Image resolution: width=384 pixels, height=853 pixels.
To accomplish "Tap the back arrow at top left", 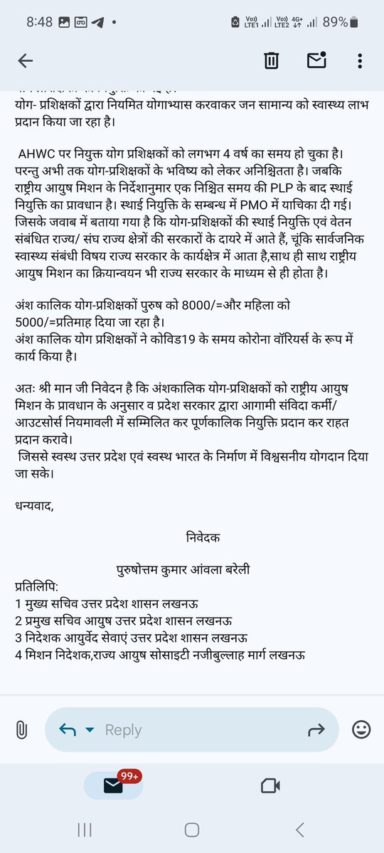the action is tap(26, 61).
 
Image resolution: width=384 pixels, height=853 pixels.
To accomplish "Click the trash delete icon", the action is tap(271, 61).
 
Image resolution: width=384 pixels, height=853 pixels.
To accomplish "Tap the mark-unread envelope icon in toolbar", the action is tap(316, 61).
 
